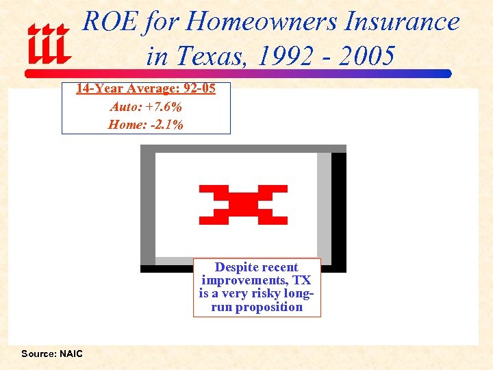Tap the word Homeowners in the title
click(x=260, y=22)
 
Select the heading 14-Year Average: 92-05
click(x=145, y=89)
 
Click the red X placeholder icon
click(x=243, y=205)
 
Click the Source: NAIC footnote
click(x=51, y=354)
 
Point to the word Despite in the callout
click(x=236, y=267)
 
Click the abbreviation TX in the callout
click(x=301, y=280)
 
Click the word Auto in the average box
click(x=123, y=107)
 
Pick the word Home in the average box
click(x=123, y=125)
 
